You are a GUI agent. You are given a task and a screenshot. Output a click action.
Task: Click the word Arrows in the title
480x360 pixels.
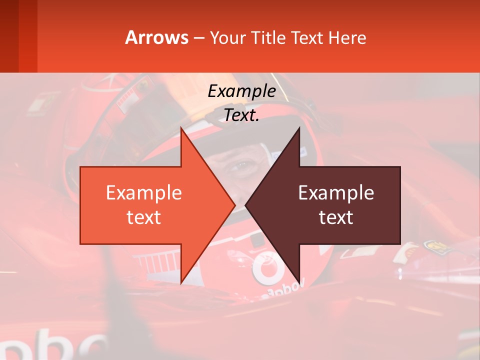(x=156, y=37)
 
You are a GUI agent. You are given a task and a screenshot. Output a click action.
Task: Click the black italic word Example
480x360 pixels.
(x=241, y=91)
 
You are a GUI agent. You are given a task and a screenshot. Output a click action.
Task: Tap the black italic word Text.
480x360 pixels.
(x=241, y=115)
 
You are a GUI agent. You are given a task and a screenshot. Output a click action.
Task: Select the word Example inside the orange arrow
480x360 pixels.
(x=144, y=193)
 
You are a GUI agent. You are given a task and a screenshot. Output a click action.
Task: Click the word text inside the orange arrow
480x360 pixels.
(x=144, y=217)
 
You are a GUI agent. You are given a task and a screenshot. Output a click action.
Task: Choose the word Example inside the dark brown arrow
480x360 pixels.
(x=336, y=193)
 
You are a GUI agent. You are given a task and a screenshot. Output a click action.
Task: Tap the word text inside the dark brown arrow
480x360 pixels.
(x=336, y=217)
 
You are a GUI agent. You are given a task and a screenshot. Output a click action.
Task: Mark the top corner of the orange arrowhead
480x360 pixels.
(x=181, y=128)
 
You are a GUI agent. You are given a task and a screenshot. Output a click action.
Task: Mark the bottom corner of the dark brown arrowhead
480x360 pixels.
(x=299, y=283)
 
